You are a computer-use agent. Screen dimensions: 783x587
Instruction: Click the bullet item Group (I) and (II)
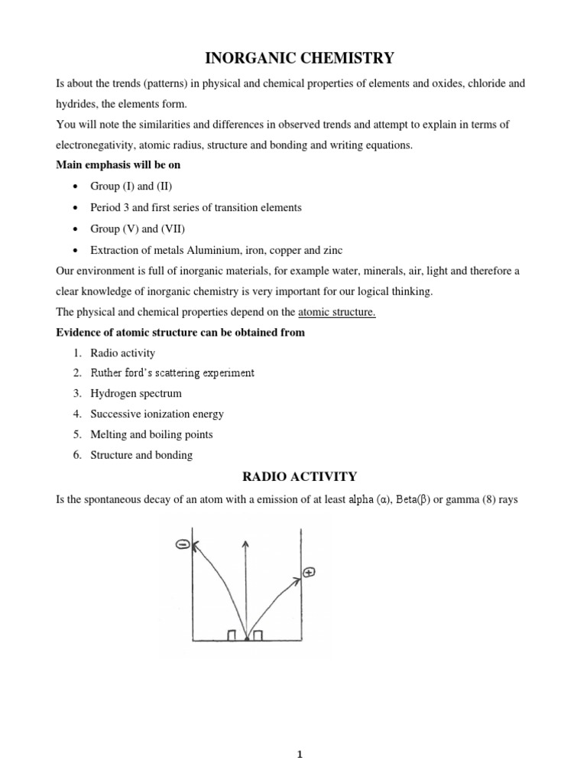(x=127, y=186)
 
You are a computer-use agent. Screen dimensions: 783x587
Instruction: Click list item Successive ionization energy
(x=157, y=414)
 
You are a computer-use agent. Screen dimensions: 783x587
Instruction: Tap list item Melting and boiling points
(x=151, y=434)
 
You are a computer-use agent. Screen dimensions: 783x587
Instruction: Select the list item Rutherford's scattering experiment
(x=172, y=373)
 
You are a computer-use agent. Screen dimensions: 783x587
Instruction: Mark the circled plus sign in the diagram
(x=309, y=572)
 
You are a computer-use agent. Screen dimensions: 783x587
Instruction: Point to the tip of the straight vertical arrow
(x=245, y=541)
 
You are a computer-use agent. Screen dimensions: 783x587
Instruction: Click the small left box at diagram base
(x=232, y=635)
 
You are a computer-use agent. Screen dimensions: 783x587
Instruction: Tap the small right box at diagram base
(x=258, y=635)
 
